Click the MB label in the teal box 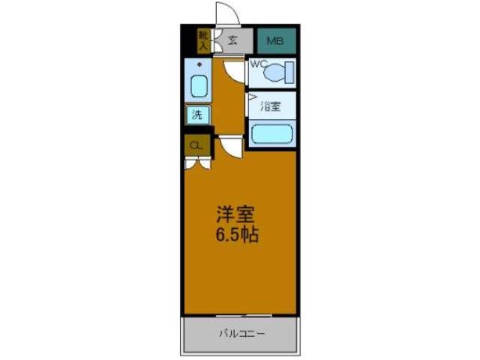click(276, 41)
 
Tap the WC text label click(258, 64)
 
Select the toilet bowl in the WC click(275, 73)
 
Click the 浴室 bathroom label click(270, 106)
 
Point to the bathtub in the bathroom click(271, 134)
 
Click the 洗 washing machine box click(197, 115)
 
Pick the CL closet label click(196, 145)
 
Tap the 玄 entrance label click(233, 41)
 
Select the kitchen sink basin click(199, 86)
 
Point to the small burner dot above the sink click(199, 65)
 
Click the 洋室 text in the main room click(230, 214)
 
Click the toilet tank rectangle click(289, 72)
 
